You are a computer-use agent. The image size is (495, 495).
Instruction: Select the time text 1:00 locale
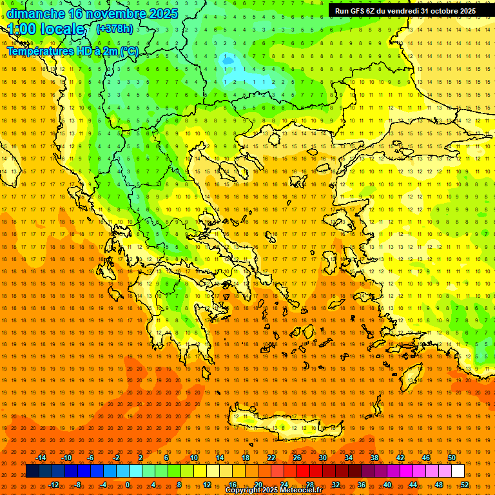(46, 29)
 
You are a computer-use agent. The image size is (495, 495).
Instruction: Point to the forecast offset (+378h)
(114, 28)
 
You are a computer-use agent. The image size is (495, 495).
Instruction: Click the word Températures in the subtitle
(39, 51)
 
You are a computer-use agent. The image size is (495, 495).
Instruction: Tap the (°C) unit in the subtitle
(129, 51)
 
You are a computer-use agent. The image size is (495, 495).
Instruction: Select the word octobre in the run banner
(441, 11)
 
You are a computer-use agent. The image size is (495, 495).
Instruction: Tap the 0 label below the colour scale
(128, 485)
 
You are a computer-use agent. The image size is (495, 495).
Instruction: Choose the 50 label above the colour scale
(452, 458)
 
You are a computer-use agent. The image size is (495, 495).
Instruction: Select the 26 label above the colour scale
(297, 458)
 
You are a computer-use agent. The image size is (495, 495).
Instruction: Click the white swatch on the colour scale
(458, 471)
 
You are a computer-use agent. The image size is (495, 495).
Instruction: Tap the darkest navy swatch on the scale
(32, 471)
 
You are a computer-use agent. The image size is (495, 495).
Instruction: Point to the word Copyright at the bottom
(244, 490)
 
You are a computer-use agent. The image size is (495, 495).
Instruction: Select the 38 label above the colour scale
(374, 458)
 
